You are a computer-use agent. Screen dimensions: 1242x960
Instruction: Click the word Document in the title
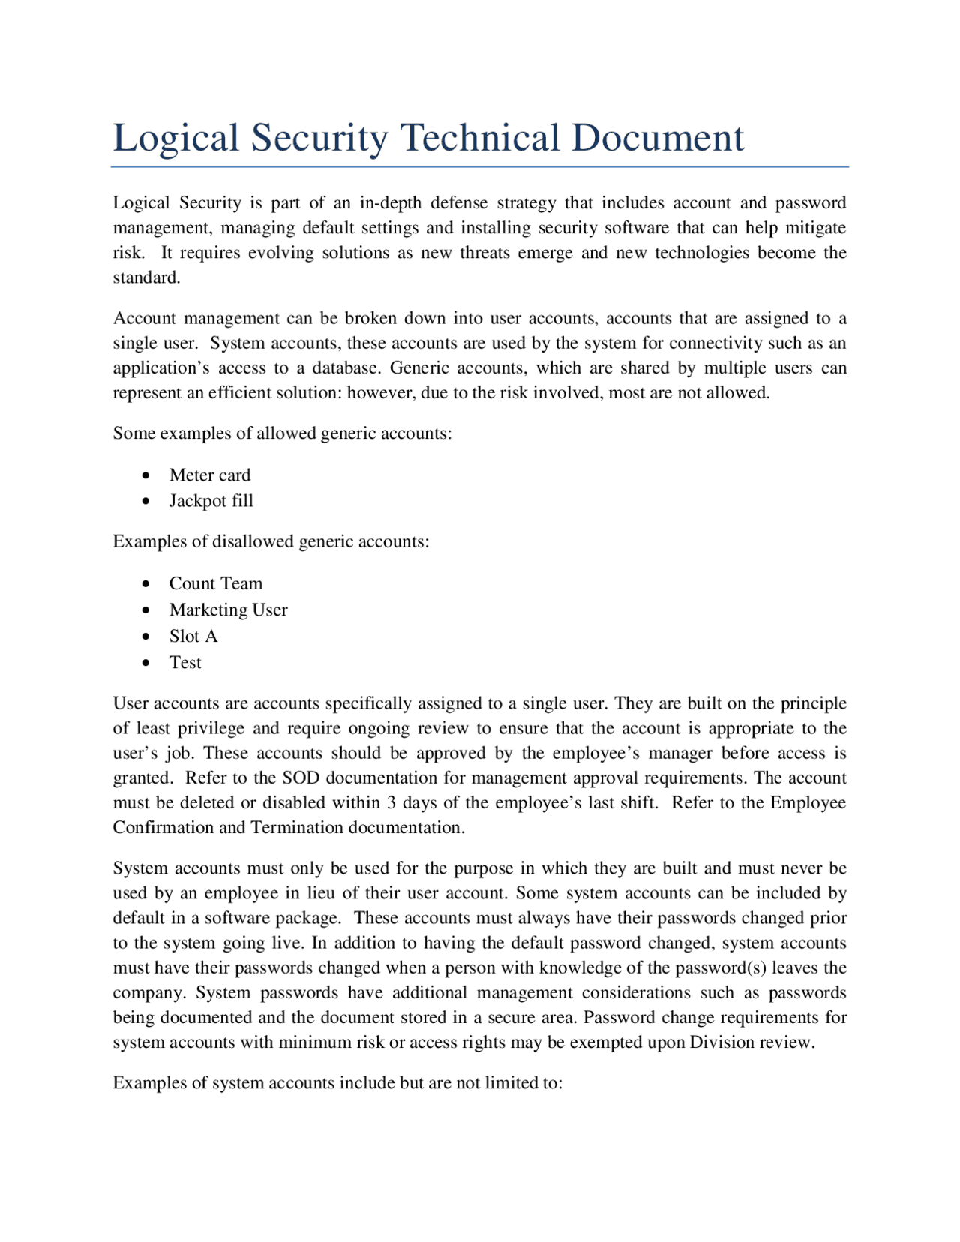(x=657, y=138)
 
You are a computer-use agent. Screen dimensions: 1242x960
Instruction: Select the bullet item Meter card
(x=209, y=475)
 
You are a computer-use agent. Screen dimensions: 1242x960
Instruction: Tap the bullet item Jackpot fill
(x=211, y=501)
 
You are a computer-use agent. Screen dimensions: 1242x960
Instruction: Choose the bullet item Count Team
(x=215, y=584)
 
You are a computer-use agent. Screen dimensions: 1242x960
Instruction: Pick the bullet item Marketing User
(x=228, y=610)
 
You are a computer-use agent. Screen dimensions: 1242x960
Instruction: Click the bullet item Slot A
(x=193, y=637)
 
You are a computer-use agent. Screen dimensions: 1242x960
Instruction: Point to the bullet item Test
(x=185, y=663)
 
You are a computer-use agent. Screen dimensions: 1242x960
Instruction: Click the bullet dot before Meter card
(x=146, y=476)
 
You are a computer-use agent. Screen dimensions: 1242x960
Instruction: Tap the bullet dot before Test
(x=146, y=664)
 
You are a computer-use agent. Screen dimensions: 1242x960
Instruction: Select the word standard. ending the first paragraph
(x=146, y=277)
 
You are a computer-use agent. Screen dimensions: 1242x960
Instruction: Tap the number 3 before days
(x=391, y=803)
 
